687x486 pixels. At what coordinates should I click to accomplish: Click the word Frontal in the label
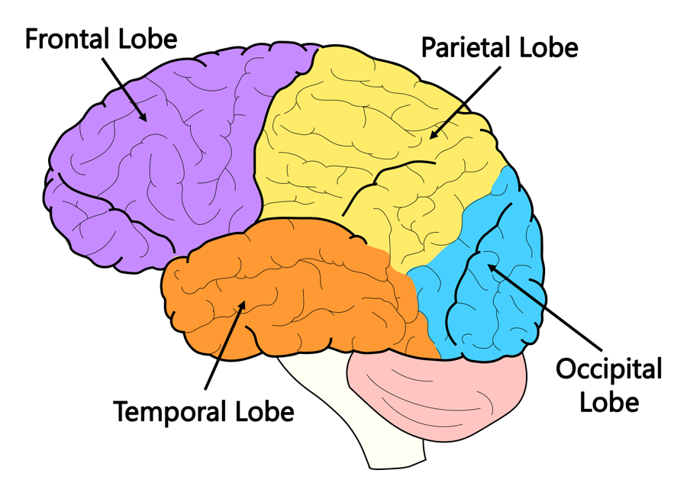pyautogui.click(x=67, y=39)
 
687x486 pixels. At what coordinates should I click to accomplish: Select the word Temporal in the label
pyautogui.click(x=169, y=412)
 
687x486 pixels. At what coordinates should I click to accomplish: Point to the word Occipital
pyautogui.click(x=608, y=371)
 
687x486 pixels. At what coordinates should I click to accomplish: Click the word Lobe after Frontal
pyautogui.click(x=150, y=39)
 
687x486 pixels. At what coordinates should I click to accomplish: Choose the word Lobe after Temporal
pyautogui.click(x=261, y=412)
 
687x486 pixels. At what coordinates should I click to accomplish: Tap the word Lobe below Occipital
pyautogui.click(x=608, y=401)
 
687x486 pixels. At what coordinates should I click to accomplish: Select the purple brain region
pyautogui.click(x=153, y=175)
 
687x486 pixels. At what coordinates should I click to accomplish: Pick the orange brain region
pyautogui.click(x=290, y=298)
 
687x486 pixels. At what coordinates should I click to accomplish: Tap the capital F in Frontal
pyautogui.click(x=33, y=39)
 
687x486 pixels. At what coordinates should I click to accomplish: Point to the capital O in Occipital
pyautogui.click(x=566, y=371)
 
